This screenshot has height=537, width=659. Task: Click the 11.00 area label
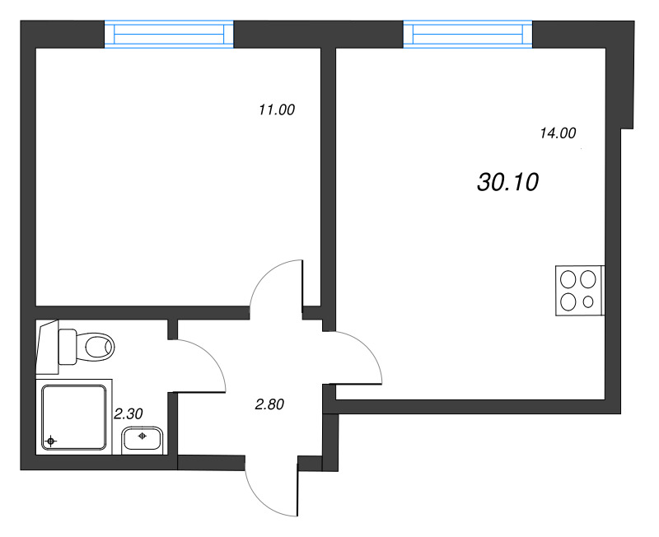point(276,110)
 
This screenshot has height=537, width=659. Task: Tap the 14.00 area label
point(558,133)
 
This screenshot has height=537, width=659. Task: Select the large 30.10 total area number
point(507,183)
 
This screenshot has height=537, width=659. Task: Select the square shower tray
point(73,416)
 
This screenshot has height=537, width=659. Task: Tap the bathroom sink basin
point(143,440)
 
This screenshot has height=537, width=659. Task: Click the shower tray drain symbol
point(51,441)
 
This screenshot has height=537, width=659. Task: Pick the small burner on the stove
point(587,301)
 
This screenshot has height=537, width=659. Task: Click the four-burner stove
point(580,290)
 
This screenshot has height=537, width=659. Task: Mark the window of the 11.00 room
point(170,35)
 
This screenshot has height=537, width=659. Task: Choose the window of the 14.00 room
point(467,34)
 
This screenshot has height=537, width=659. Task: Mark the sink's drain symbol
point(143,436)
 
